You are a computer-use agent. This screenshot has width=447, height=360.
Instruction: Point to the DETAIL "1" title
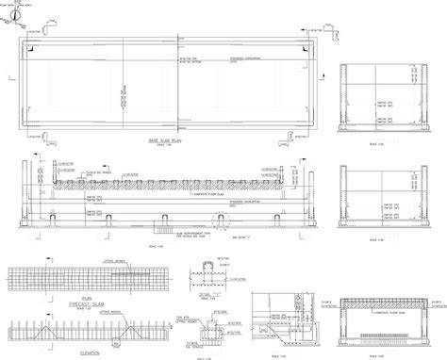tap(224, 295)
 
